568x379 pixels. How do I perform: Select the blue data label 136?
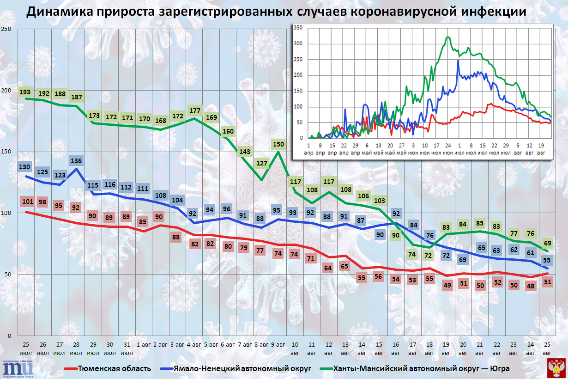(76, 161)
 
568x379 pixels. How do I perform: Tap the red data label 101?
(28, 201)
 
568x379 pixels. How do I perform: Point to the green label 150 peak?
(278, 144)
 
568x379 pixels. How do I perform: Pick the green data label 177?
(194, 111)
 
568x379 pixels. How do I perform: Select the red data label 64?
(328, 268)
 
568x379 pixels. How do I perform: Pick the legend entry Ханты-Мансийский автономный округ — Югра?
(422, 368)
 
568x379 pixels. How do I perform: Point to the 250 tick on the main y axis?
(6, 29)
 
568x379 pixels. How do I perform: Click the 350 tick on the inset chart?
(298, 28)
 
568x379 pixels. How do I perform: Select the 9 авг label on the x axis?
(278, 345)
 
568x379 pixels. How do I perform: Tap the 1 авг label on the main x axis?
(143, 345)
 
